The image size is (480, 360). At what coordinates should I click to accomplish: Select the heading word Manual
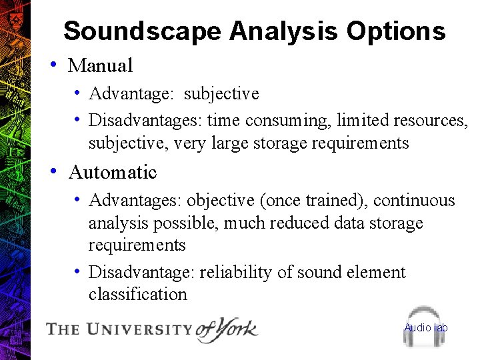click(x=101, y=65)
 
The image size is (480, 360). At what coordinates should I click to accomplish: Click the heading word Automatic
click(x=113, y=172)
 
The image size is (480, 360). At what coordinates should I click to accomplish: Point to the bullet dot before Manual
click(x=52, y=65)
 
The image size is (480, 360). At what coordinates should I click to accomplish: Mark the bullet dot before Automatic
click(x=52, y=171)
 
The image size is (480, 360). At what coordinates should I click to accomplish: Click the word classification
click(x=138, y=294)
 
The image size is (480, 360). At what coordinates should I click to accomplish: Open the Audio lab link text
click(x=426, y=327)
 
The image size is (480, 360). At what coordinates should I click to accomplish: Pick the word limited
click(x=363, y=121)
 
